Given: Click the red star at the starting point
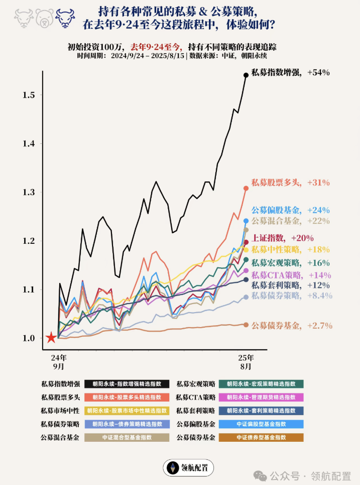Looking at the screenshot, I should click(50, 338).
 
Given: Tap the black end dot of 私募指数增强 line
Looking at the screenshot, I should click(246, 75).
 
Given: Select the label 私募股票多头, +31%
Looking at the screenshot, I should click(290, 183).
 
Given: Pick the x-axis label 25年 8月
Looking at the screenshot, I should click(246, 362).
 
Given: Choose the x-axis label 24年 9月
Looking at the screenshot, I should click(59, 362).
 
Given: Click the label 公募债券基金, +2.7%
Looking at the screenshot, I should click(291, 326).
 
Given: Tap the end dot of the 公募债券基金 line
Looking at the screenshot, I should click(246, 325).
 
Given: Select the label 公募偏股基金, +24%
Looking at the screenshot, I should click(290, 210).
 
